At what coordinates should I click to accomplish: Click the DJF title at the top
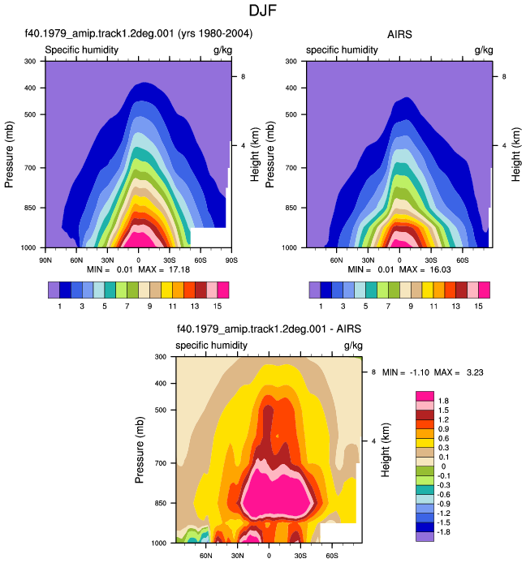click(263, 11)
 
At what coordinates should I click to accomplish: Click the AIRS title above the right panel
click(399, 34)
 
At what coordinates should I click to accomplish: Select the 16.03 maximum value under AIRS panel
click(440, 269)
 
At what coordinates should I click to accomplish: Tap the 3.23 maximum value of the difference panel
click(475, 372)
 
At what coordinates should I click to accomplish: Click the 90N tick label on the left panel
click(45, 260)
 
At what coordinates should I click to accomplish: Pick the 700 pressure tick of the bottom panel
click(161, 463)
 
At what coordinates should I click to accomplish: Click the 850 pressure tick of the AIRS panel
click(291, 208)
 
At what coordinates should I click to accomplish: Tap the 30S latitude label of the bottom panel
click(300, 556)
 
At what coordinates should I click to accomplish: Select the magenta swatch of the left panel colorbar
click(223, 290)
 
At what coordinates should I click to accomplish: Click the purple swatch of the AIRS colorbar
click(315, 290)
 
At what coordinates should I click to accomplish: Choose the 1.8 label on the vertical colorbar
click(443, 401)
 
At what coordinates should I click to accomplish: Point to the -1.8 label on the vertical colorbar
click(443, 532)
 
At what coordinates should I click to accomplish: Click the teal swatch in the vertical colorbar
click(425, 490)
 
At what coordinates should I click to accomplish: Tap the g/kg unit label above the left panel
click(222, 50)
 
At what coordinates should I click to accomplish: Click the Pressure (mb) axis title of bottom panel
click(140, 450)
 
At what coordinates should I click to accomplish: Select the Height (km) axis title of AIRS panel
click(515, 154)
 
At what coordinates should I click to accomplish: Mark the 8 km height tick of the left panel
click(243, 76)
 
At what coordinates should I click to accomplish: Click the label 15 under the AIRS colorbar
click(478, 307)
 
